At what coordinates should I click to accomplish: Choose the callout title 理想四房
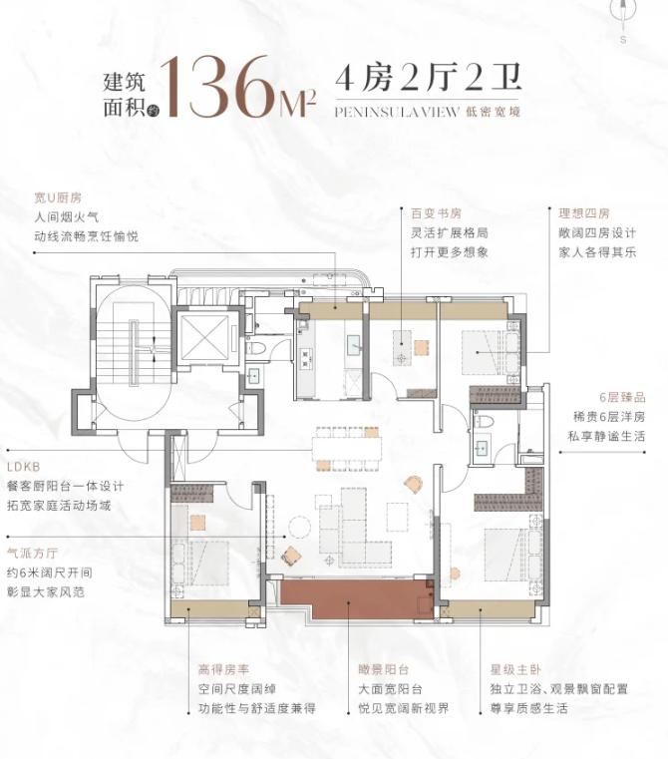click(x=583, y=213)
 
